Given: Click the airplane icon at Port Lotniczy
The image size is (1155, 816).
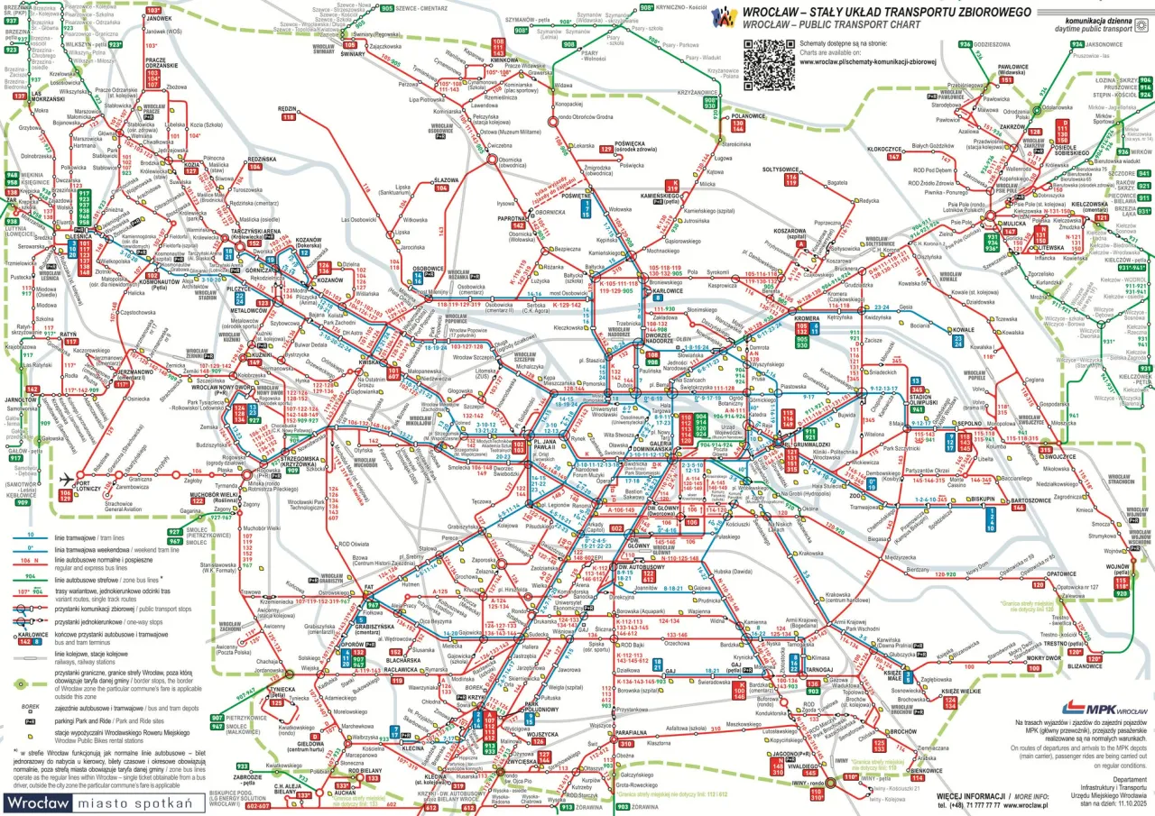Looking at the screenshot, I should click(x=66, y=480).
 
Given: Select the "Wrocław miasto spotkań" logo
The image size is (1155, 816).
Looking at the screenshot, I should click(x=102, y=802).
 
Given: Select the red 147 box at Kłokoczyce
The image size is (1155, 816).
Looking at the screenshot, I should click(x=894, y=157).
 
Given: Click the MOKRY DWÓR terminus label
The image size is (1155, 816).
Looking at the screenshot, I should click(x=1043, y=658).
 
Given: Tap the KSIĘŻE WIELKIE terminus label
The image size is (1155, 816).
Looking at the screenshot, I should click(x=962, y=690).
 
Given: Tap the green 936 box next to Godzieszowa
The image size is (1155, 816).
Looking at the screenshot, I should click(x=965, y=43).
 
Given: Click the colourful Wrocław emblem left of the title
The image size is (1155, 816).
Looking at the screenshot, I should click(x=725, y=16).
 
